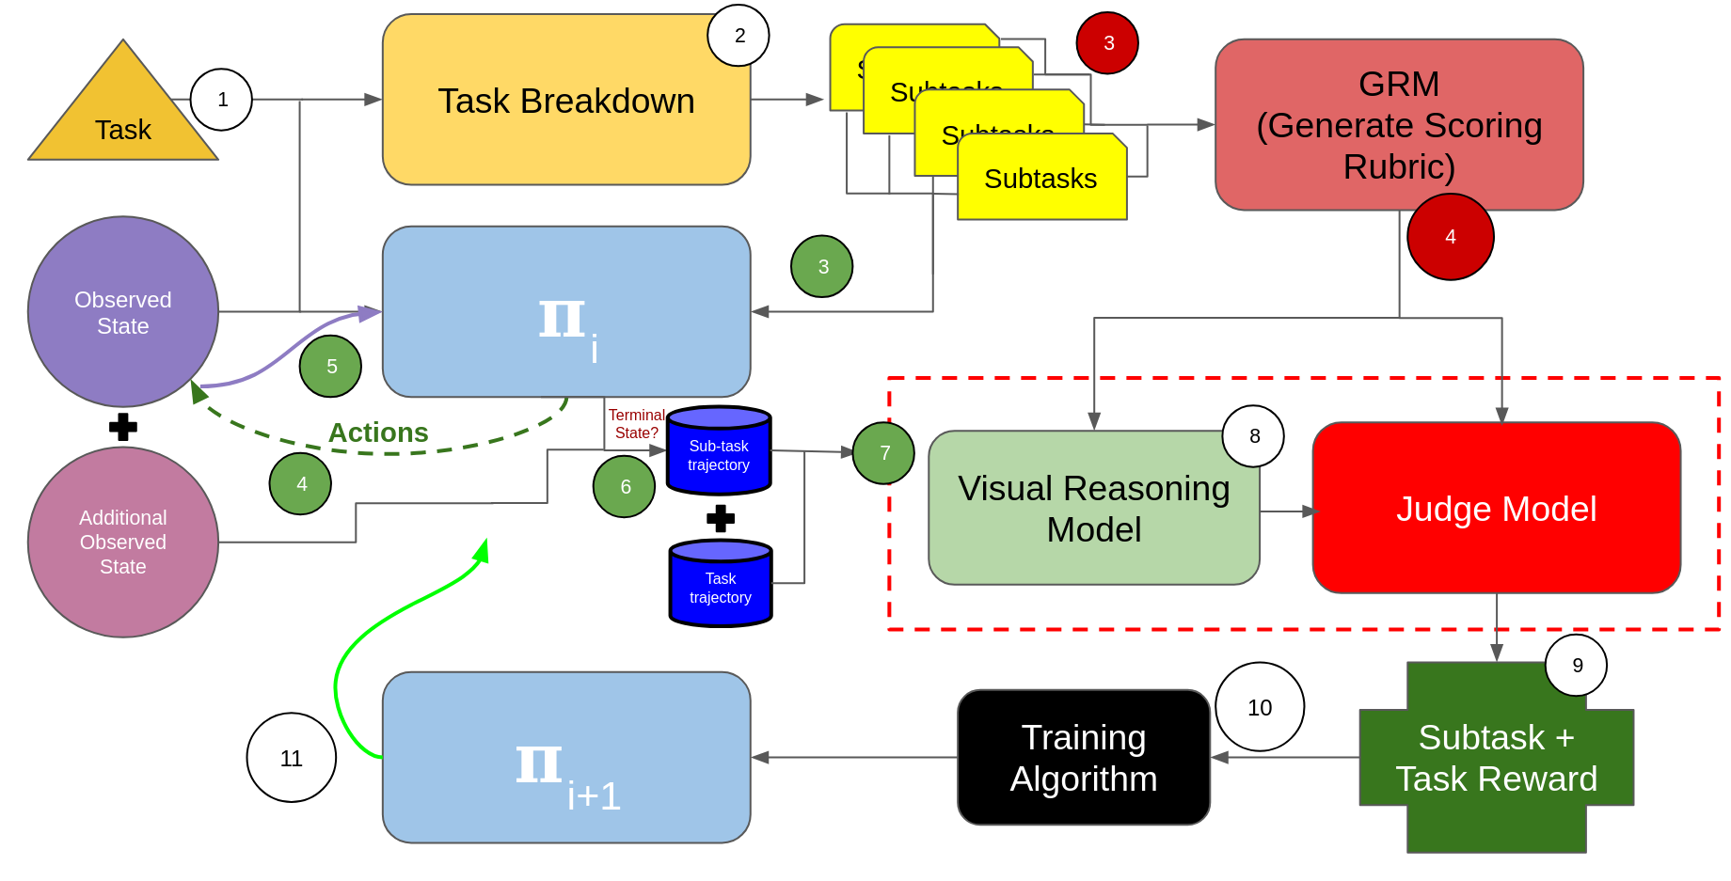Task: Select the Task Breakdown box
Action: pos(565,100)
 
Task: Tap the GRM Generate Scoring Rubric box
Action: pos(1398,124)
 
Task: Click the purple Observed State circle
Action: pos(123,312)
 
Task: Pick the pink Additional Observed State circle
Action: pos(123,543)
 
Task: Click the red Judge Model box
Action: pos(1496,508)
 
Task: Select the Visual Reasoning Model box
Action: pos(1093,508)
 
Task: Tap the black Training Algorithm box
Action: pos(1083,758)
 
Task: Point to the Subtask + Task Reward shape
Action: pos(1496,758)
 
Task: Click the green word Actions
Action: pos(378,433)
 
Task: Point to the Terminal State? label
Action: pos(636,424)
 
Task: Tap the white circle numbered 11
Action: pos(292,758)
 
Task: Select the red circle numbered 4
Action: pos(1450,237)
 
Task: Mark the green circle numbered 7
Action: pos(883,453)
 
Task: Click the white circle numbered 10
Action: pos(1260,707)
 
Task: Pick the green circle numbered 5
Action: pos(330,366)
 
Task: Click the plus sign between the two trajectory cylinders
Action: pos(721,518)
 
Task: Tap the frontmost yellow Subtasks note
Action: pos(1041,179)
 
